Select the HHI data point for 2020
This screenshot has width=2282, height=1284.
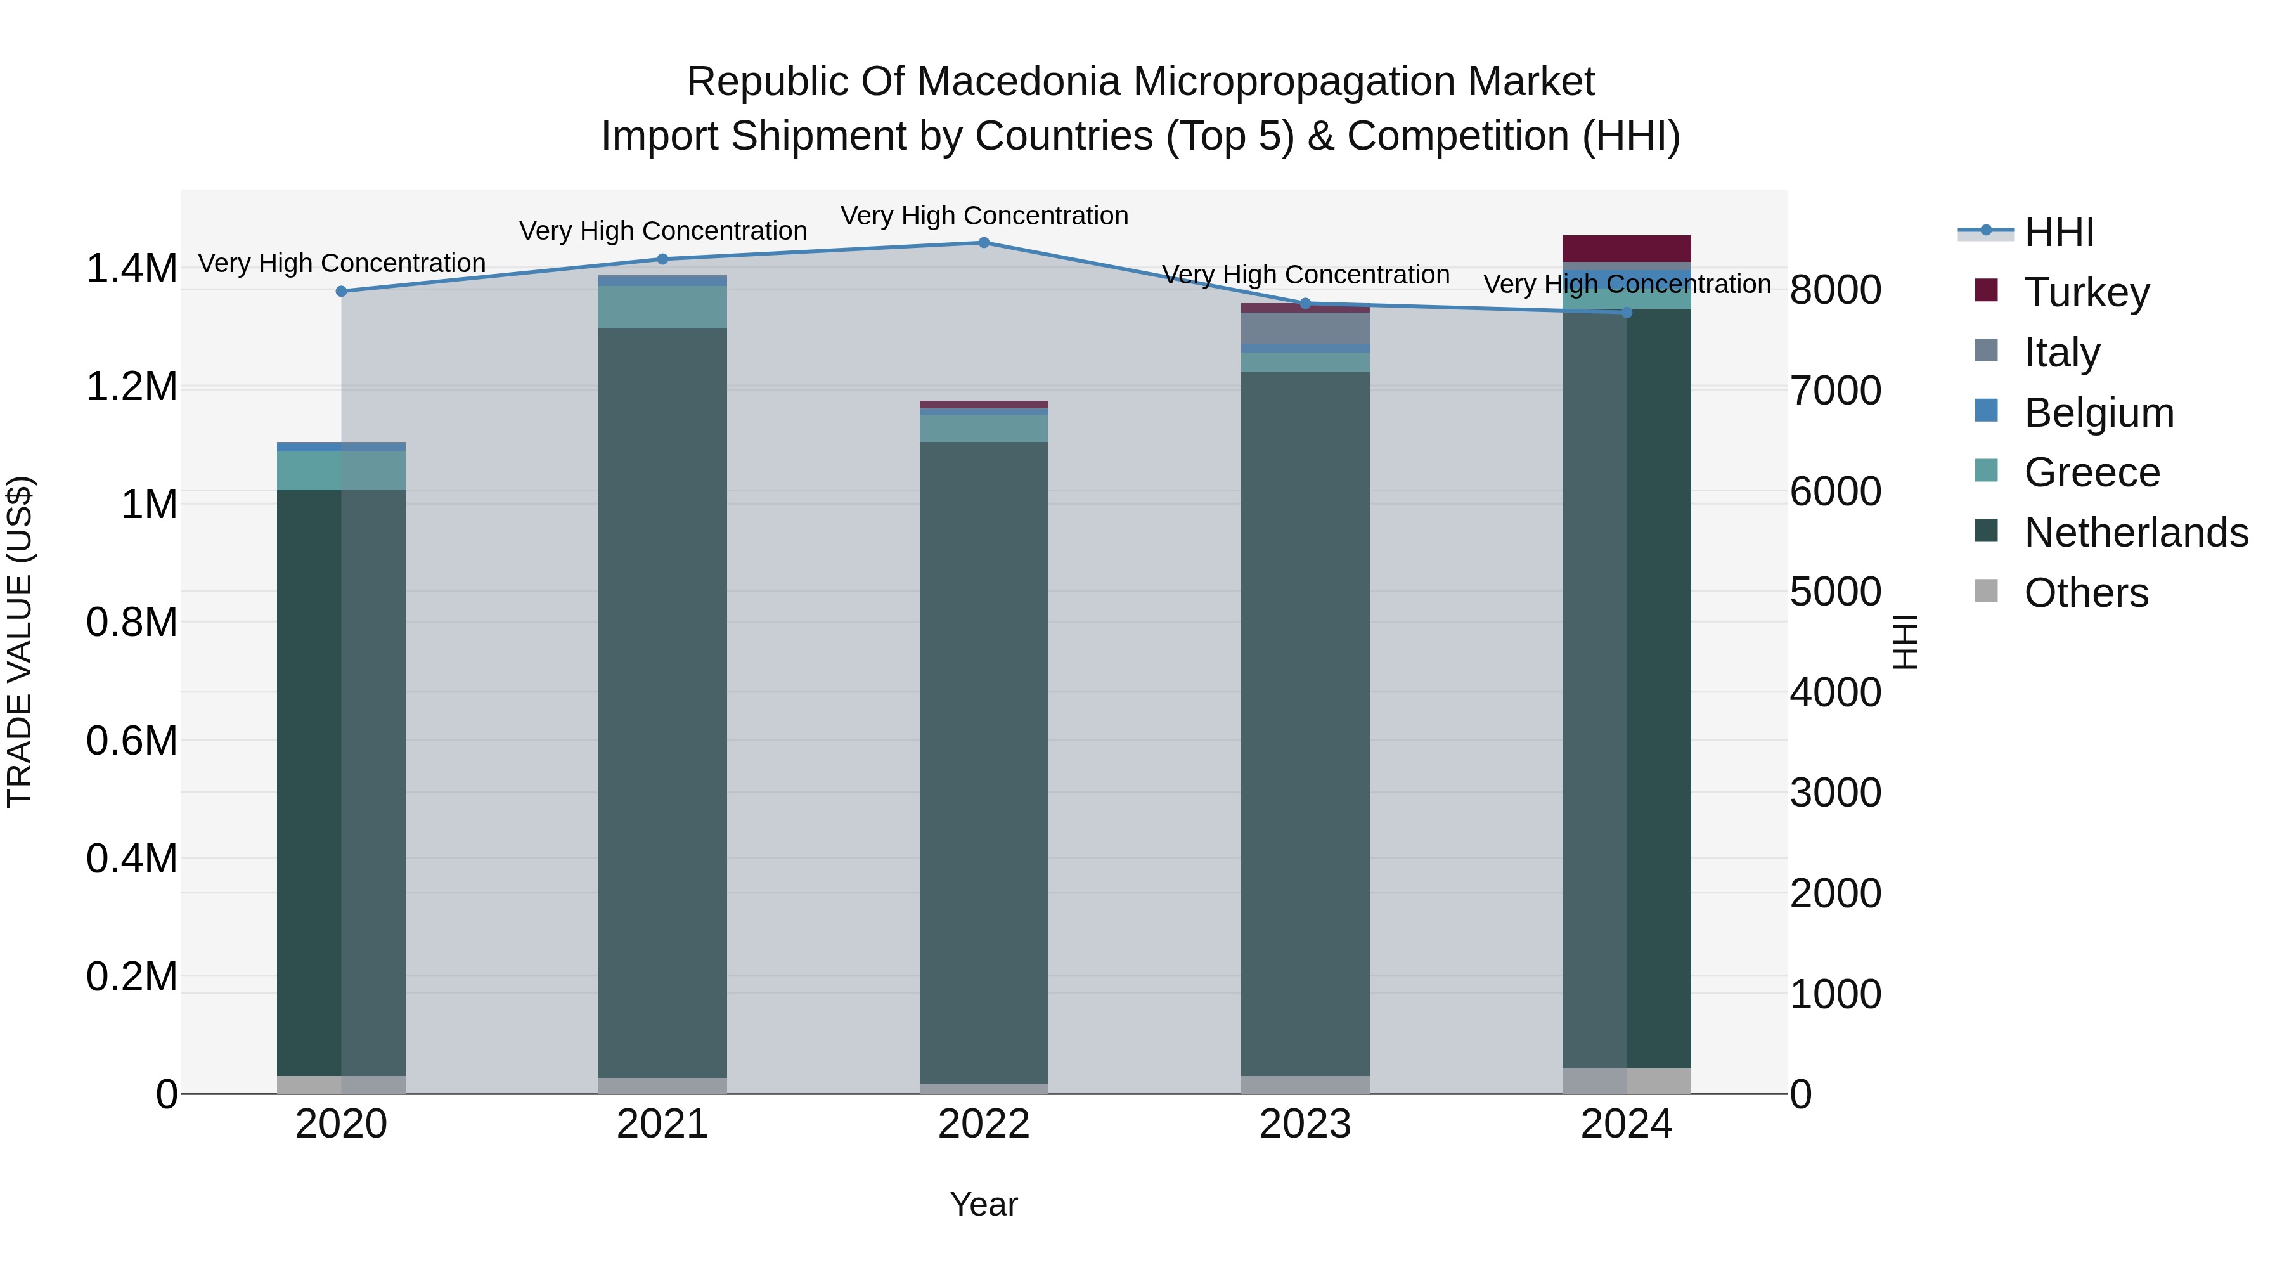(x=341, y=292)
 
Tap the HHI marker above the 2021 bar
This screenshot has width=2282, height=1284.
(x=662, y=259)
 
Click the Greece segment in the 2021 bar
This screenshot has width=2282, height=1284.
(x=662, y=307)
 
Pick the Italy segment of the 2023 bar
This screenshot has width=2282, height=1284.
(x=1305, y=328)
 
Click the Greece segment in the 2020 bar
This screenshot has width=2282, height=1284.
(x=341, y=470)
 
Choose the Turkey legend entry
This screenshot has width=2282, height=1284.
(x=2086, y=292)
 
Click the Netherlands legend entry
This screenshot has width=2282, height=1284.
(x=2136, y=533)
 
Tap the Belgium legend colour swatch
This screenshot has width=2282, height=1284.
(x=1986, y=411)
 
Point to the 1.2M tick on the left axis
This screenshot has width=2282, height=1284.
(x=131, y=387)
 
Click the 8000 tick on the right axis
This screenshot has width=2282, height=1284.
(x=1836, y=290)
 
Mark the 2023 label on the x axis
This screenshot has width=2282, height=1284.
(x=1305, y=1124)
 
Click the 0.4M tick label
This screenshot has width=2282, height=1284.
(x=131, y=859)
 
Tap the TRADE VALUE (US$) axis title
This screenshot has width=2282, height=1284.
(x=20, y=642)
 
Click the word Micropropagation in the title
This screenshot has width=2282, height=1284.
(x=1293, y=82)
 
